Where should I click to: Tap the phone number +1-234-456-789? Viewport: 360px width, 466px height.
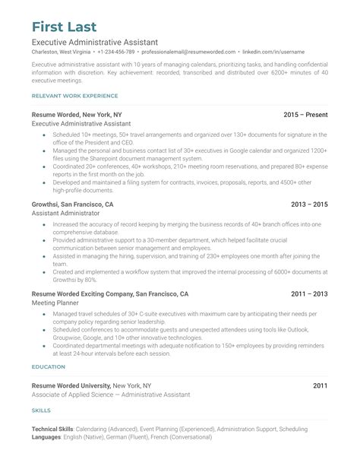117,52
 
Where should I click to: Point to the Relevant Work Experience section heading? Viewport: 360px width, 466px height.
75,96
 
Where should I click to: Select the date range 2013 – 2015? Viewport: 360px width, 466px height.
309,204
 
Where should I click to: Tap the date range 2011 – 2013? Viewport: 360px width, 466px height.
309,293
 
